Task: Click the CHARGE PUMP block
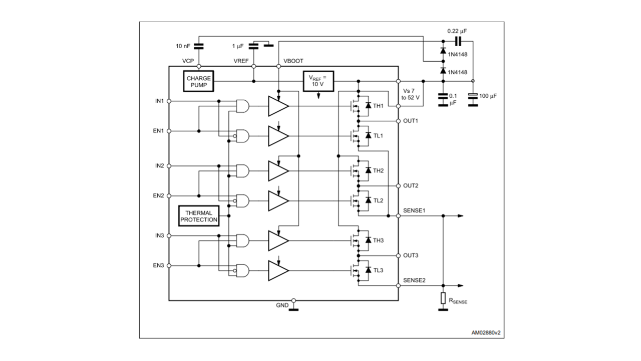199,81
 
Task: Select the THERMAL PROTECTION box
199,216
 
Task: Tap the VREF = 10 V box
317,81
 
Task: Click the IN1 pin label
159,101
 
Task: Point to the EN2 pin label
159,196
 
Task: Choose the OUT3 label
411,256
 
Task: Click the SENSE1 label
414,210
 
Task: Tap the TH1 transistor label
378,106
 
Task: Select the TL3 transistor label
378,270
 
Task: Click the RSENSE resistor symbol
443,298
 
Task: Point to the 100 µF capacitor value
487,95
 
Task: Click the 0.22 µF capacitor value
457,31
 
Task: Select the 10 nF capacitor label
183,46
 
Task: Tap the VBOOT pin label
293,61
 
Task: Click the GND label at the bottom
282,305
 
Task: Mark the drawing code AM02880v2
485,332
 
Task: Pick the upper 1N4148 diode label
458,51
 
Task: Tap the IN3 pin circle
169,236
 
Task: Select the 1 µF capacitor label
237,46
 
